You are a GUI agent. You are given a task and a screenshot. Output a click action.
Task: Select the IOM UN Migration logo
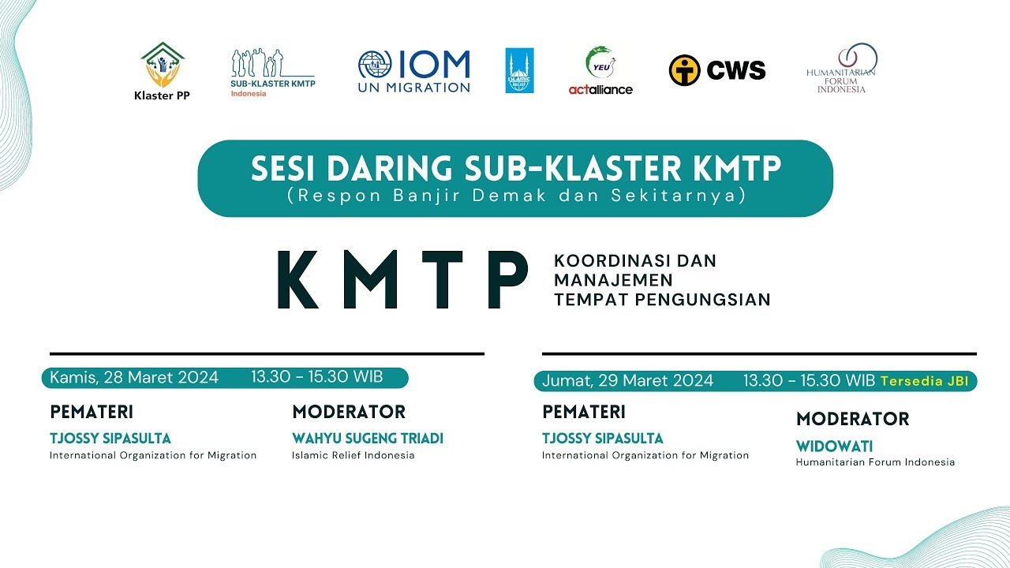pyautogui.click(x=413, y=72)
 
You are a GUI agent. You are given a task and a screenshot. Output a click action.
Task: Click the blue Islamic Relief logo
pyautogui.click(x=519, y=71)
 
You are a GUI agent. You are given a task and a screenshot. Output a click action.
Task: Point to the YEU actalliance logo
pyautogui.click(x=600, y=71)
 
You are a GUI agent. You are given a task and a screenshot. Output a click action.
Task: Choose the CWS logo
pyautogui.click(x=717, y=70)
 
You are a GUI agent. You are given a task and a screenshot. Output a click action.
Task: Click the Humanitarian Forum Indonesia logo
pyautogui.click(x=842, y=69)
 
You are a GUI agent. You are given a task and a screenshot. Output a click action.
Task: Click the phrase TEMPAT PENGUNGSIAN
pyautogui.click(x=661, y=299)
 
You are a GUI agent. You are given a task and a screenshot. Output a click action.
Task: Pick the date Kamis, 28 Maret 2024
pyautogui.click(x=134, y=377)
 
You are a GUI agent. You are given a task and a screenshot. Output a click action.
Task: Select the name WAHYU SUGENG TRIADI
pyautogui.click(x=368, y=438)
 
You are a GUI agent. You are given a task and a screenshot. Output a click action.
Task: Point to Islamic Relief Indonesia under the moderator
pyautogui.click(x=353, y=455)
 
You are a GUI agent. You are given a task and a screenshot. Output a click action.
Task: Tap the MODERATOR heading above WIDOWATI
pyautogui.click(x=852, y=419)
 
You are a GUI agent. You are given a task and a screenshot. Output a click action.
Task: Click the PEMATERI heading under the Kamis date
pyautogui.click(x=92, y=412)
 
